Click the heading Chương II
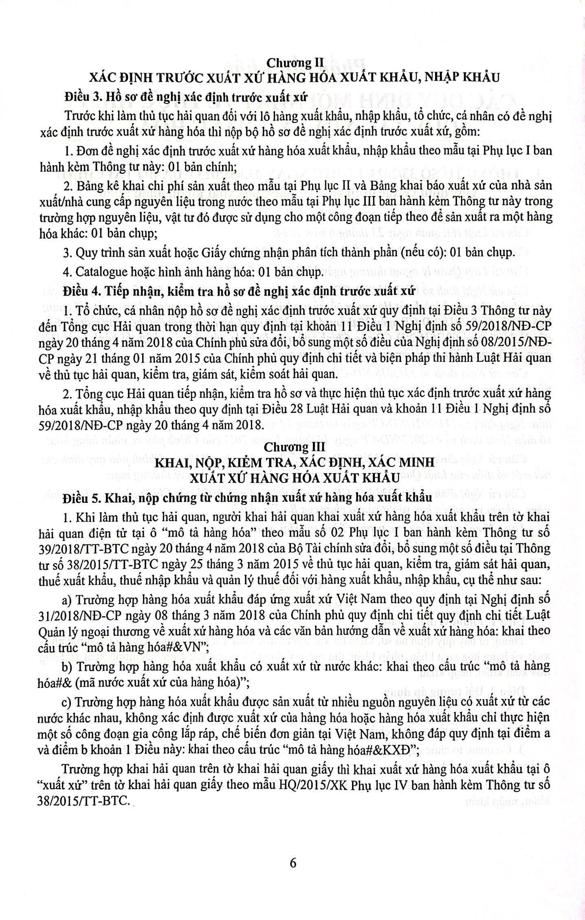tap(294, 63)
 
